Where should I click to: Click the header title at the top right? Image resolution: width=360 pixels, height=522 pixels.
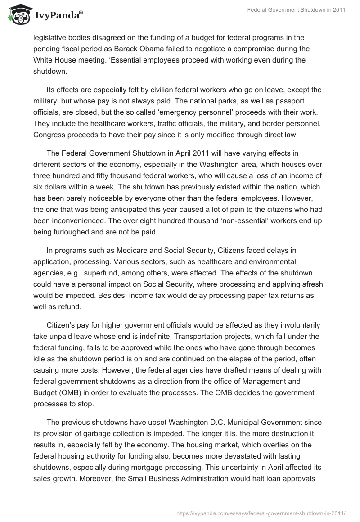click(x=296, y=10)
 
